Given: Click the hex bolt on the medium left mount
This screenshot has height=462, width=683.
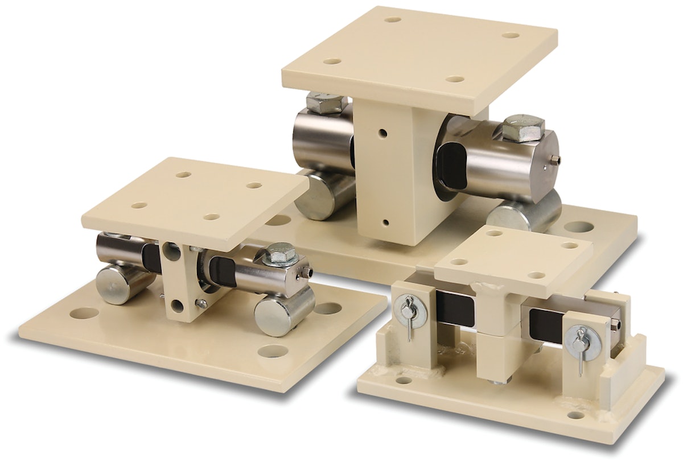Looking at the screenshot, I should point(282,253).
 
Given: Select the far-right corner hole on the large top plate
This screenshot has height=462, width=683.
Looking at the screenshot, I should point(512,35).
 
